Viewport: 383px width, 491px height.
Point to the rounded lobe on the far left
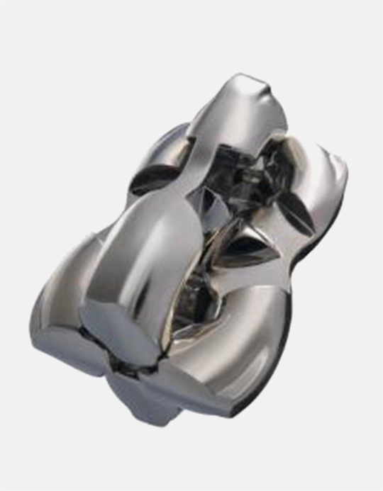click(53, 312)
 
